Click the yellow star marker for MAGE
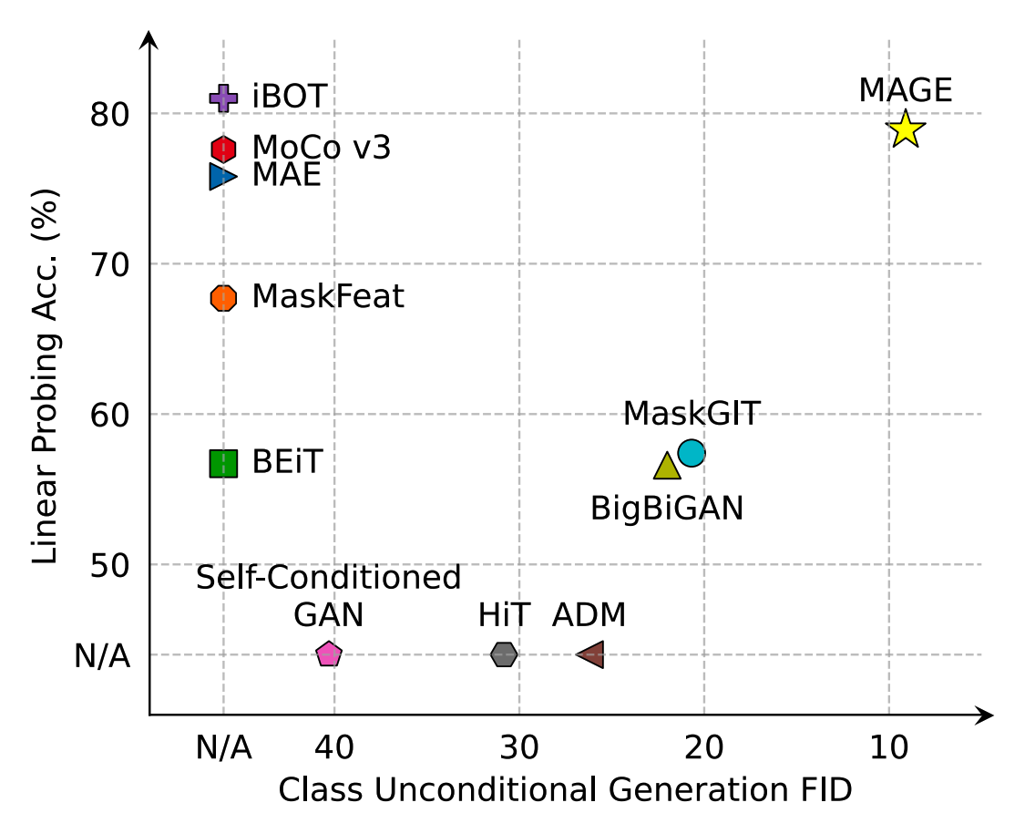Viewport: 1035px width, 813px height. tap(906, 129)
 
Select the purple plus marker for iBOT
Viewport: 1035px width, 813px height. tap(223, 97)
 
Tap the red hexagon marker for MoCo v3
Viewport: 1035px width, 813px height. tap(223, 148)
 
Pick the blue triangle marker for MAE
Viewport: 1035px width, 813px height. tap(222, 176)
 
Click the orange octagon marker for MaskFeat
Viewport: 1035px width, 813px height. tap(223, 298)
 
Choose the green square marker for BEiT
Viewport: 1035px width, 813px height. tap(223, 463)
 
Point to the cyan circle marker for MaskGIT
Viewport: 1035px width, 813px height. tap(692, 452)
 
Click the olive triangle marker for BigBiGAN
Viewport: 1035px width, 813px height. tap(667, 467)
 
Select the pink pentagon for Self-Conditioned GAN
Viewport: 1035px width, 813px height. tap(329, 653)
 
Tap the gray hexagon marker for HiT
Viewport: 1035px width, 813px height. tap(504, 653)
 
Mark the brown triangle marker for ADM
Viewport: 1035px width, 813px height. tap(591, 653)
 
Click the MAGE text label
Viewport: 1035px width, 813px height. tap(906, 90)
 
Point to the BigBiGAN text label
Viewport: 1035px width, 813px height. tap(667, 508)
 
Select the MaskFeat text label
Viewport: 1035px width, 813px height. tap(328, 296)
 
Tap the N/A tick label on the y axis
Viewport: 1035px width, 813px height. tap(102, 655)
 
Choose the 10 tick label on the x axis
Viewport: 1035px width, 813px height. tap(889, 748)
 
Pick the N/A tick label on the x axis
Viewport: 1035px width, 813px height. tap(223, 748)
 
